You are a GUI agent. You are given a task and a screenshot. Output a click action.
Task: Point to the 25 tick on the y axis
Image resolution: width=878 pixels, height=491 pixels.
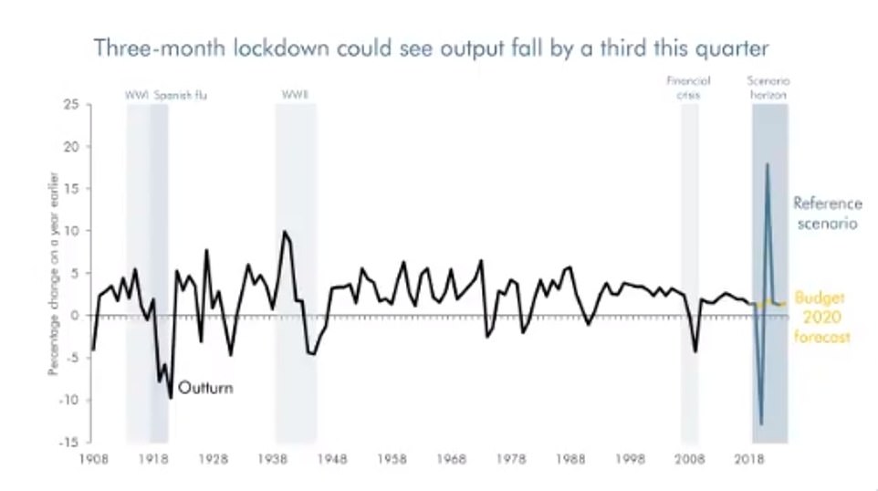pos(70,105)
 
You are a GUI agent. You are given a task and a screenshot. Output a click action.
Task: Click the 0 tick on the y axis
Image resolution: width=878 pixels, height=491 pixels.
pos(73,316)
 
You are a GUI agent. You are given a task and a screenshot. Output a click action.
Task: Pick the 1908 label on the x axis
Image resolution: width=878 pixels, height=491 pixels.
pos(92,460)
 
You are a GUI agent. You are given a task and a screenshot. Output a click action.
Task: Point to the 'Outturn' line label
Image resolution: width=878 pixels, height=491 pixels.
pos(205,388)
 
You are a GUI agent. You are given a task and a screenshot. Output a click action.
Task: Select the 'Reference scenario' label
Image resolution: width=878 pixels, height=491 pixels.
pos(825,213)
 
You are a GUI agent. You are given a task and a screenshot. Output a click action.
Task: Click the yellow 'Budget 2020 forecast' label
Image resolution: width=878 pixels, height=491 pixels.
pos(822,317)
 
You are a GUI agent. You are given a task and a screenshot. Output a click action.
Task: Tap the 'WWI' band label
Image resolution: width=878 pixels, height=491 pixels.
pos(137,94)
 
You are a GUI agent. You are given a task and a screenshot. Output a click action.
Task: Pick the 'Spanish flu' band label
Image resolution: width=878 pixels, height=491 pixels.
pos(180,94)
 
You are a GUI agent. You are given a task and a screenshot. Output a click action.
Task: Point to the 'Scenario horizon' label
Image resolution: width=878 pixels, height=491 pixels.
pos(768,88)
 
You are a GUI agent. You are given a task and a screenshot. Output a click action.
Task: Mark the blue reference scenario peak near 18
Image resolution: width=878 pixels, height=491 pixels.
pos(768,164)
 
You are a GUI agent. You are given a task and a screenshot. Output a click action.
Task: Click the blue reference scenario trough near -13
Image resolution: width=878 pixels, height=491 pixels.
pos(761,423)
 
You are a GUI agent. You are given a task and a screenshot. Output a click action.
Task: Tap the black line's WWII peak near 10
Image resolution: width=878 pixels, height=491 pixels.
pos(284,232)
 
